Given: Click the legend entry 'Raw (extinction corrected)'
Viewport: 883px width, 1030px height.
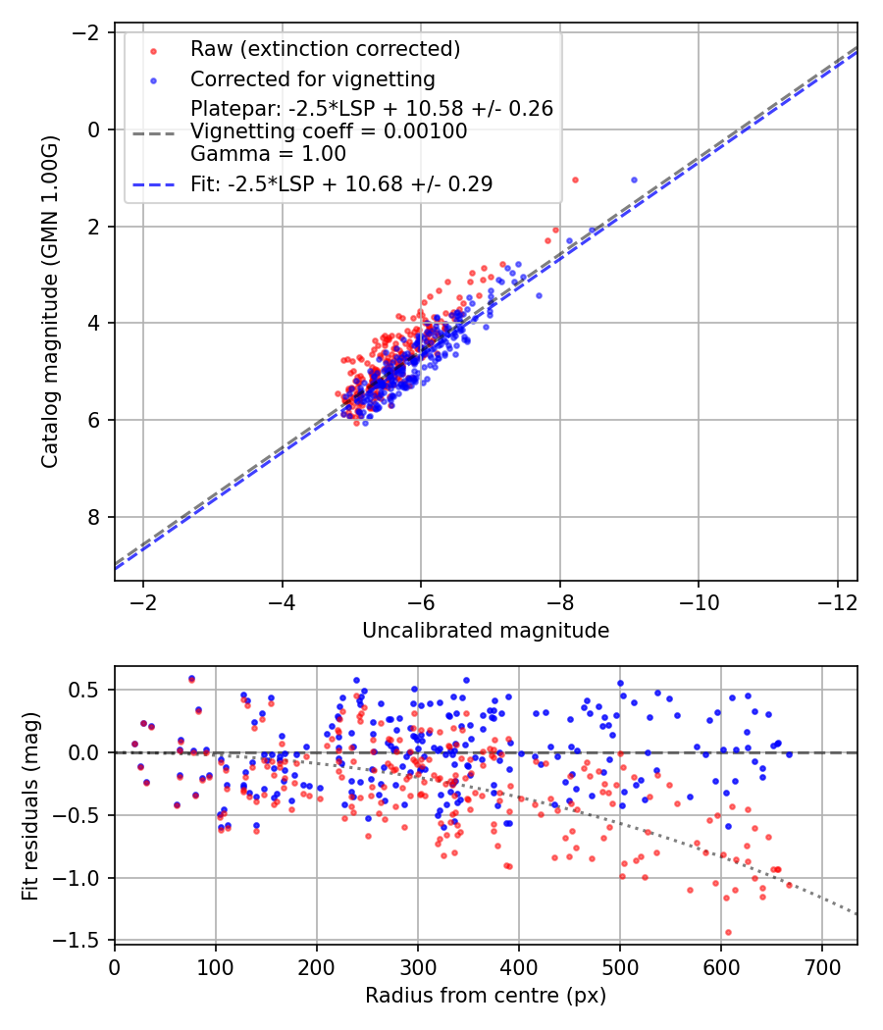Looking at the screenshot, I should pos(325,49).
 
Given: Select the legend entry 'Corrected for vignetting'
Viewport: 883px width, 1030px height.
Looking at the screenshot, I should pos(312,78).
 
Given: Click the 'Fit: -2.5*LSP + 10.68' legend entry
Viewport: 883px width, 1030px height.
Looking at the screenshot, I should pos(341,183).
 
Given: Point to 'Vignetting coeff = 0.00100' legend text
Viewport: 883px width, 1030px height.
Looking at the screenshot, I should pos(329,130).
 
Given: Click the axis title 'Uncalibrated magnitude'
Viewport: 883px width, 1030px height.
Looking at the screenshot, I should pos(486,631).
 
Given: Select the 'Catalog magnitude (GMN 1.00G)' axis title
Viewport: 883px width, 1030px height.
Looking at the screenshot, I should pos(50,301).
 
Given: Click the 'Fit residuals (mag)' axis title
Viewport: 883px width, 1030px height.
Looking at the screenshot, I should pos(30,804).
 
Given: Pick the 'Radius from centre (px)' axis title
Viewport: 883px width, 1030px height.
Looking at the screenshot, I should pos(486,996).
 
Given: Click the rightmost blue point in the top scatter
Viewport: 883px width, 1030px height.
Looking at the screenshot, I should pos(634,180).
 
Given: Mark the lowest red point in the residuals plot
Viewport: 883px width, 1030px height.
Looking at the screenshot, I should pos(728,932).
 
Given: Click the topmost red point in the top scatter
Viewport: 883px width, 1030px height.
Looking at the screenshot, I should pos(575,180).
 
